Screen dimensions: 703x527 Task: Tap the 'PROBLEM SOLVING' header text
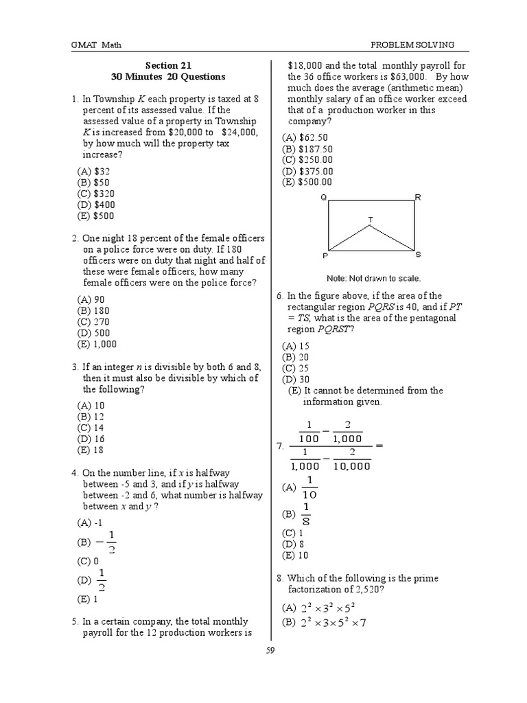[412, 45]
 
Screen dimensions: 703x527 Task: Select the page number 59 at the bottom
[270, 651]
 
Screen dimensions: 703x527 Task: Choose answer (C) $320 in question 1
[97, 194]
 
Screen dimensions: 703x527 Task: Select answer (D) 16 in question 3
[93, 438]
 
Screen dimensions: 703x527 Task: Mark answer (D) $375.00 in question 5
[307, 171]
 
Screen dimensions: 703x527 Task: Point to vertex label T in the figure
[371, 220]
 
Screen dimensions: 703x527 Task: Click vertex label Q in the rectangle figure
[323, 198]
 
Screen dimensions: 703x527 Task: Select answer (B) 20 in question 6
[296, 357]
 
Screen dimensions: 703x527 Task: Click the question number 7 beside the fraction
[280, 446]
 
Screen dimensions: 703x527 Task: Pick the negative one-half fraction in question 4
[107, 542]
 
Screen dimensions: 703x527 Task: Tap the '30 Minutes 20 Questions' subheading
[168, 76]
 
